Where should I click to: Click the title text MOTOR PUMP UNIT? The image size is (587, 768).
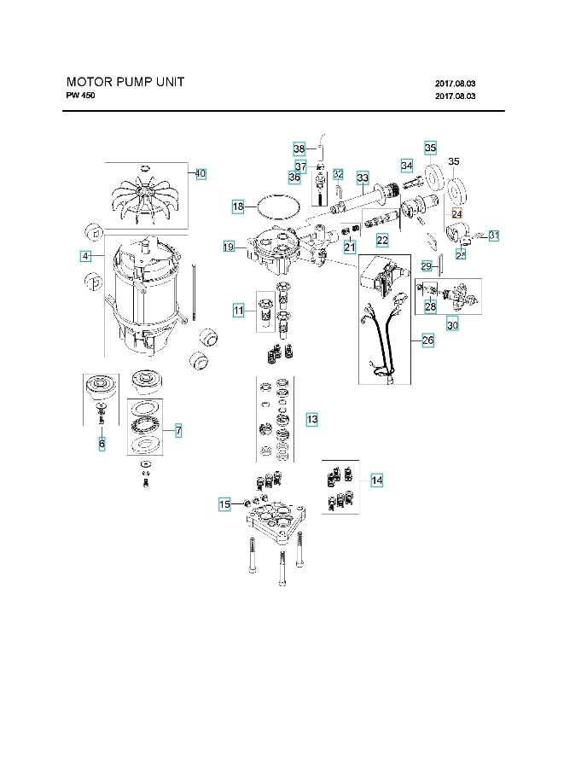(x=125, y=83)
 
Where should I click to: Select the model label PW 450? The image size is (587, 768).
(x=81, y=96)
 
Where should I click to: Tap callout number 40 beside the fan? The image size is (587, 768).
(x=201, y=173)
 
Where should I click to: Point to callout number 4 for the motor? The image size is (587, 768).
(x=85, y=255)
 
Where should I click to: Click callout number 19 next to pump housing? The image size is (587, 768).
(x=229, y=247)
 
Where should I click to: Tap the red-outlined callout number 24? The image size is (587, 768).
(x=456, y=213)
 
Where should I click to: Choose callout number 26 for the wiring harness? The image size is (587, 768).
(x=427, y=340)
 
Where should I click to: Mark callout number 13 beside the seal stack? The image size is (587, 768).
(x=312, y=419)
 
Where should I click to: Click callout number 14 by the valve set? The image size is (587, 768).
(x=376, y=481)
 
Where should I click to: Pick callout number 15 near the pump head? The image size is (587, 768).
(x=224, y=504)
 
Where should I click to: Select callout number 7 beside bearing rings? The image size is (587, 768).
(x=177, y=432)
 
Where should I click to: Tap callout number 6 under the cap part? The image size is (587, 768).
(x=102, y=444)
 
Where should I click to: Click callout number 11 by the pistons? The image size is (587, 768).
(x=239, y=310)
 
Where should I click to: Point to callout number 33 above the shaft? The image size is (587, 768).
(x=363, y=178)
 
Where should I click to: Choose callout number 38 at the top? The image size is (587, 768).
(x=299, y=147)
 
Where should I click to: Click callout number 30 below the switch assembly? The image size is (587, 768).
(x=452, y=324)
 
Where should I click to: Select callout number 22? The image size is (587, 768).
(x=382, y=241)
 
